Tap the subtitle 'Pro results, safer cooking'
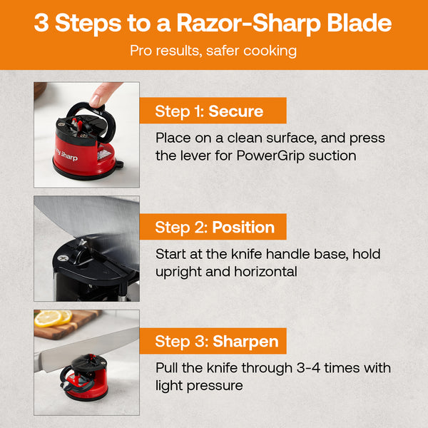click(213, 51)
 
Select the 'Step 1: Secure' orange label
click(210, 111)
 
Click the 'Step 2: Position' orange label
click(215, 228)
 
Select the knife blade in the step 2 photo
click(86, 221)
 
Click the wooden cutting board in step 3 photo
click(71, 325)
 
